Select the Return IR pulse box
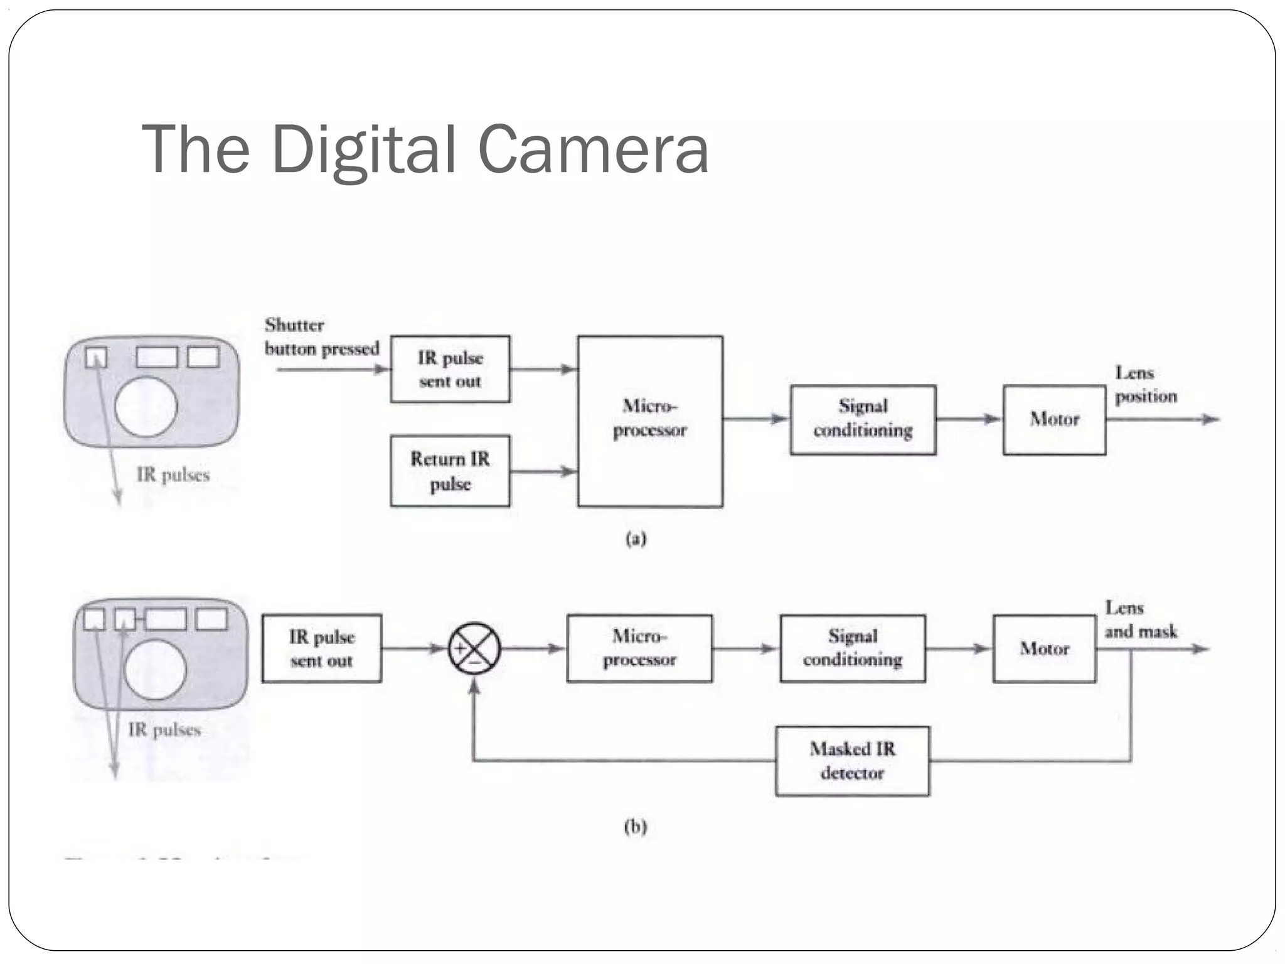click(x=450, y=471)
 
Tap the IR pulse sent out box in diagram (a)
click(x=450, y=369)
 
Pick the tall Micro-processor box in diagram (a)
click(x=650, y=420)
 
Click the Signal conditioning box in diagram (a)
click(x=863, y=419)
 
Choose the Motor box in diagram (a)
click(x=1054, y=419)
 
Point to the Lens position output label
click(x=1145, y=384)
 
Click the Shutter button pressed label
click(x=321, y=336)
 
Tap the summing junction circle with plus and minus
click(x=474, y=648)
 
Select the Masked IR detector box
click(x=852, y=761)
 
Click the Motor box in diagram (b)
click(x=1044, y=648)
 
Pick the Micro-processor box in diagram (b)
click(x=639, y=648)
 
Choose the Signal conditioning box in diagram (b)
click(x=853, y=648)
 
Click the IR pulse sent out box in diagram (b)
click(x=321, y=648)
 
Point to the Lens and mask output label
click(x=1140, y=619)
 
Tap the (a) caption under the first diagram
click(x=636, y=538)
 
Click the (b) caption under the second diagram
click(x=635, y=826)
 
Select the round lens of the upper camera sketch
click(x=146, y=407)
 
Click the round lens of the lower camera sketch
click(x=155, y=669)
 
